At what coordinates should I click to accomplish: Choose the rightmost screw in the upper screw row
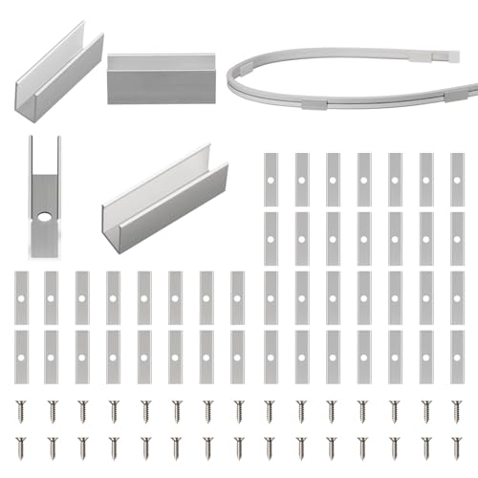[x=456, y=409]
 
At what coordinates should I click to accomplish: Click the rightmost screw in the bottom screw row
[x=456, y=445]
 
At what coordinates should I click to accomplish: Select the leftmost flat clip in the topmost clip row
[x=271, y=178]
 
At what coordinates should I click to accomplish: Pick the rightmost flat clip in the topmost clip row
[x=457, y=178]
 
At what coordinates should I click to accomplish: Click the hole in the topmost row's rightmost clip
[x=457, y=178]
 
